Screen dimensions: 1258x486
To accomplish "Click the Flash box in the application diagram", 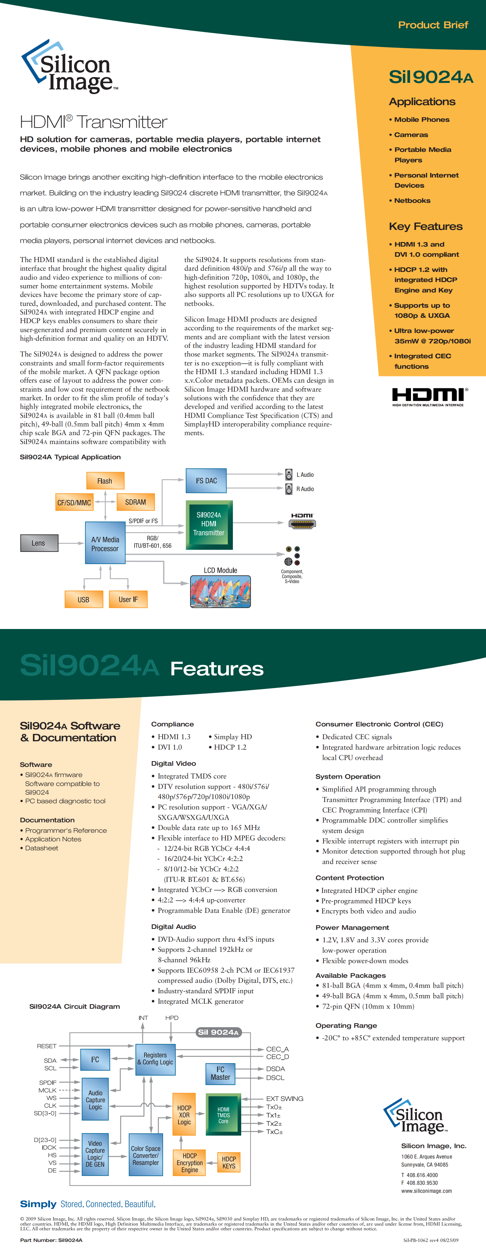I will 105,481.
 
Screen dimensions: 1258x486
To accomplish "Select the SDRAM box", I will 135,502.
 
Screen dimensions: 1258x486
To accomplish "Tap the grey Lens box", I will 39,543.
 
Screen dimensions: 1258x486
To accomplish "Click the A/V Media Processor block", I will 105,543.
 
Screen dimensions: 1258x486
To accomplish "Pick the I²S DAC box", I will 206,481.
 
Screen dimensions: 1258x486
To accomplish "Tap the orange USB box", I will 83,599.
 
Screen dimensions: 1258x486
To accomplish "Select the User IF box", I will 128,599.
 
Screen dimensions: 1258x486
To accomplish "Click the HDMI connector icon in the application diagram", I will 302,524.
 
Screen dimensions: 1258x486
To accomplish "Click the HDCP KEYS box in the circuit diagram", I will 229,1162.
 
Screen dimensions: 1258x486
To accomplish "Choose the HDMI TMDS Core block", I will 223,1115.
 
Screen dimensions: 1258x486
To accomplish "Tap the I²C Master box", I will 220,1073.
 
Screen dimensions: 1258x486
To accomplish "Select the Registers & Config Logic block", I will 155,1059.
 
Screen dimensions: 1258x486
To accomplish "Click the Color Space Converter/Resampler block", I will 146,1155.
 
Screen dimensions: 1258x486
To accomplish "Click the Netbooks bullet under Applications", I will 412,200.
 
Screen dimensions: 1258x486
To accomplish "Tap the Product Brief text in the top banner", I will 433,25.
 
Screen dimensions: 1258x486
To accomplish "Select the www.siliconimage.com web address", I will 426,1191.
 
